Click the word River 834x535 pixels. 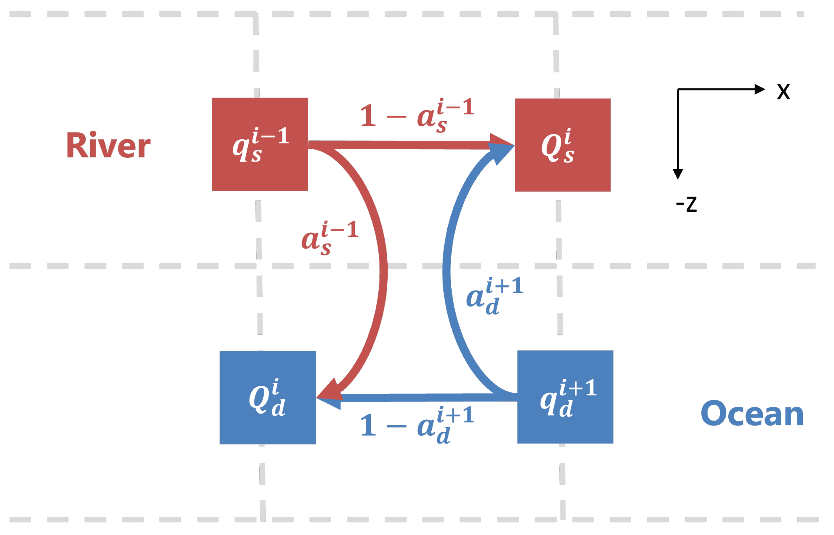point(108,146)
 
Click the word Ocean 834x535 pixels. point(752,414)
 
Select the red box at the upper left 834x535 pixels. point(260,144)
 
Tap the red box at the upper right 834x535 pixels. point(562,145)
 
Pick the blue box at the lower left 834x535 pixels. point(268,398)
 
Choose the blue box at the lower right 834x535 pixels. point(565,397)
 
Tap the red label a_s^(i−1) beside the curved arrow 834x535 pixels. point(329,238)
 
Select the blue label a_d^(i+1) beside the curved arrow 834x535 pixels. point(494,295)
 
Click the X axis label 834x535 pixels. point(783,92)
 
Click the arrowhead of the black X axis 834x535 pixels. point(760,89)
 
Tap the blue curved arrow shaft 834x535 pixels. point(447,271)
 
